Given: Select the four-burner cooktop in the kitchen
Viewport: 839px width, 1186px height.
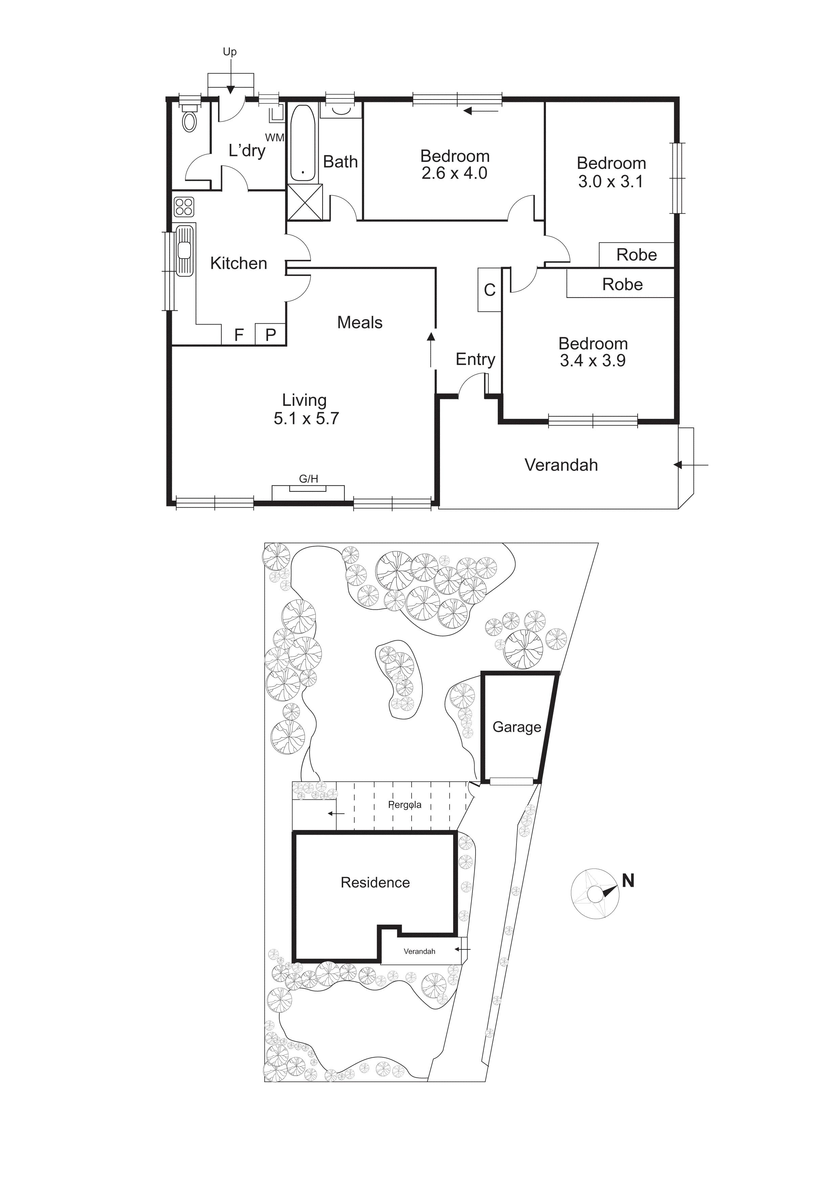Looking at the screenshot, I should [x=184, y=206].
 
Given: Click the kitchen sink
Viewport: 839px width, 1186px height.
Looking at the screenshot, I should [x=184, y=250].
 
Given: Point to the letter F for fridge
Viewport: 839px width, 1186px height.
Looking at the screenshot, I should [x=239, y=335].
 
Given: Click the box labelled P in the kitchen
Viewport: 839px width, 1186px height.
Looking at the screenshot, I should [x=271, y=335].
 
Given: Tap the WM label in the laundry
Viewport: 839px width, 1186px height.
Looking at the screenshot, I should [x=274, y=137].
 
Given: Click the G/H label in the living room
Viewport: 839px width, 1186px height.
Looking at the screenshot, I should [x=308, y=479].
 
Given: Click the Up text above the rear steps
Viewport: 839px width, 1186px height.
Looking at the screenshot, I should [x=230, y=52].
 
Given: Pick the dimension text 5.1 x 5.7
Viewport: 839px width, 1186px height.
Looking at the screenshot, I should [x=306, y=418].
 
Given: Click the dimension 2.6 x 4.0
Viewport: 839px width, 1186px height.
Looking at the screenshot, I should [x=454, y=173].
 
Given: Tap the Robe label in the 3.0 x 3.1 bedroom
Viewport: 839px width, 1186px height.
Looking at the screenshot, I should [x=637, y=255].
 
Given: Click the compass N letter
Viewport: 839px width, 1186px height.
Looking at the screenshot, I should [x=628, y=881].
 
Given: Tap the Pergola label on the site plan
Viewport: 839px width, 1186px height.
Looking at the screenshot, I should [x=404, y=805].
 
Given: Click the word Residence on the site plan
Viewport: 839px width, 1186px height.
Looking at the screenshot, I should [x=375, y=882].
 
